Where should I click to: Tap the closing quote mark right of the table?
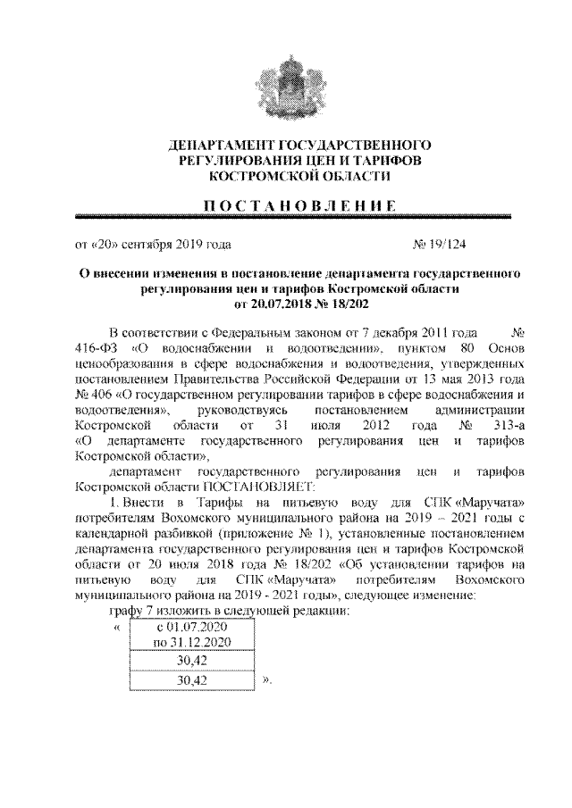click(x=265, y=680)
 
